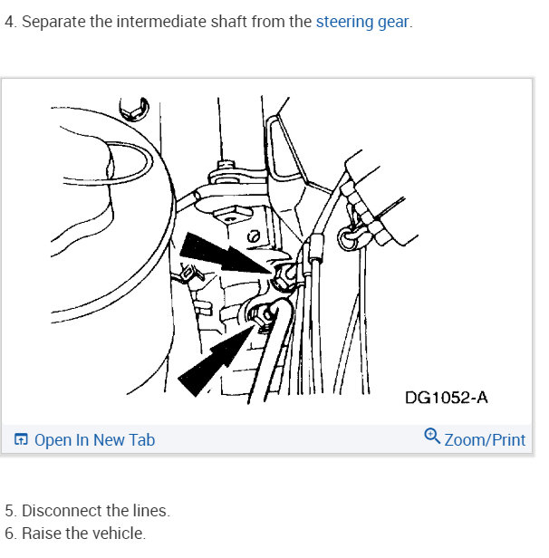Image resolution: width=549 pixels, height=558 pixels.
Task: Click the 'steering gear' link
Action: point(362,21)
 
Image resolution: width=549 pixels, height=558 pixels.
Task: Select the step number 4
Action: point(9,21)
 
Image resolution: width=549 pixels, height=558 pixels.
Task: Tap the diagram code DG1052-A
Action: point(446,398)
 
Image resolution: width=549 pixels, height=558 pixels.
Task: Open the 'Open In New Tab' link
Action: point(94,440)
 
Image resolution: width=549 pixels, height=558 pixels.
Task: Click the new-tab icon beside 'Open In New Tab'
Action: point(21,440)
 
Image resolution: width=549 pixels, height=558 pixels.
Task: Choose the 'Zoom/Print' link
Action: point(485,440)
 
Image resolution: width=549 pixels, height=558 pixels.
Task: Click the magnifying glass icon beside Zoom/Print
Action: point(432,438)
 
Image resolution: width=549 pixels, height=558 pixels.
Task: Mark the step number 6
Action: point(9,534)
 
